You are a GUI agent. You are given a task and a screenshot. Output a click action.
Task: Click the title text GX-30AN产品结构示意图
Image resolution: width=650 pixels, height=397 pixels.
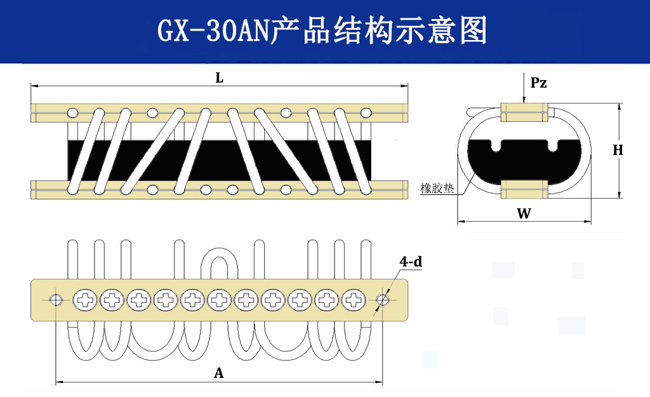point(322,30)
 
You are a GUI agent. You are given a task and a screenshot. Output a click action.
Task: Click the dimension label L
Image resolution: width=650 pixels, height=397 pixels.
point(219,78)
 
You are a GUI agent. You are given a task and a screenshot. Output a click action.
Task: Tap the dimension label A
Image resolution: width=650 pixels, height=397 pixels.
point(218,373)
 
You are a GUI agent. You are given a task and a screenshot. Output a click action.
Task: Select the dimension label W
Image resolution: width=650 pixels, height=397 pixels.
point(524,213)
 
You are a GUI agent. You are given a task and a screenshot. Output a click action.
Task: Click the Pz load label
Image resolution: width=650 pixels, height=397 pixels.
point(538,83)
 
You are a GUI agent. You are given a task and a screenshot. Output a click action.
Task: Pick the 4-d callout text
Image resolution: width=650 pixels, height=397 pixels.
point(411,261)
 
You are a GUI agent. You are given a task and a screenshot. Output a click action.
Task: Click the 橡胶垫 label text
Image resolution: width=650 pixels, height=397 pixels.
point(437,189)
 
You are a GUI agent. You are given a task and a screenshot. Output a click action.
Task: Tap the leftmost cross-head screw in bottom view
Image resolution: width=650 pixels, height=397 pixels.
point(84,299)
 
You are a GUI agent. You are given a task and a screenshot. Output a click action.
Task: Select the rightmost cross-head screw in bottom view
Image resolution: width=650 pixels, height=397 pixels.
point(353,299)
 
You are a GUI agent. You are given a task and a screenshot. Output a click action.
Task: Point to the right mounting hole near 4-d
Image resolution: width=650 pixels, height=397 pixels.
point(383,299)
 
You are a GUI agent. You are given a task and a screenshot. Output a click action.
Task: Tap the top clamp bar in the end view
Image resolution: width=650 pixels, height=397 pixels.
point(524,112)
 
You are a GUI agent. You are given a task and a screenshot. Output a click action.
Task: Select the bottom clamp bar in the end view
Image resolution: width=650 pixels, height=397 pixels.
point(524,189)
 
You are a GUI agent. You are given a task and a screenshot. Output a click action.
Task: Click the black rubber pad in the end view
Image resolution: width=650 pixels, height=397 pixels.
point(524,162)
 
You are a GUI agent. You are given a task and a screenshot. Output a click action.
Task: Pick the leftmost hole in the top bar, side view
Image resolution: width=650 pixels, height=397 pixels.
point(73,112)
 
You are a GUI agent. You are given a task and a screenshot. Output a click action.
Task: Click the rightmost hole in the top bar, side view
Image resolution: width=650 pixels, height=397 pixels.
point(365,112)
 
